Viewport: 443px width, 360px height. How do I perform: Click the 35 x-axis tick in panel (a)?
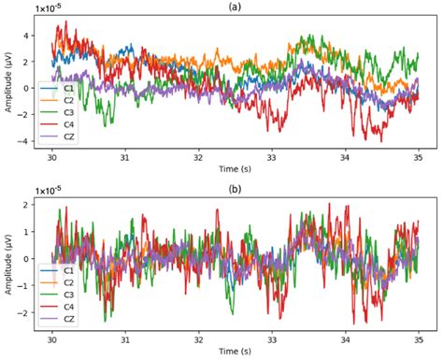point(419,158)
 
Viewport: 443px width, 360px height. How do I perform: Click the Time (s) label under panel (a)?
point(235,170)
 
